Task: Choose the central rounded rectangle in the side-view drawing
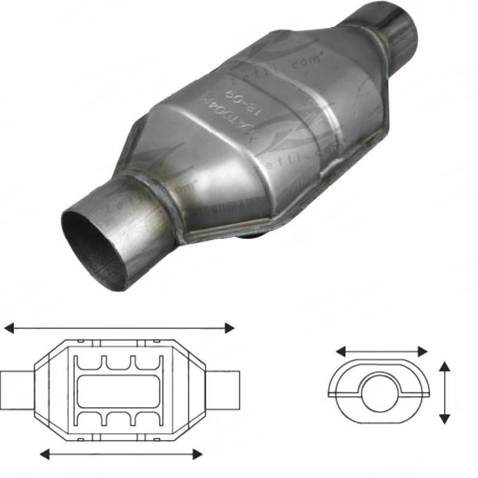tap(119, 391)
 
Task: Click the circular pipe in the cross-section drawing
tap(379, 392)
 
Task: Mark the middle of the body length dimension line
tap(121, 455)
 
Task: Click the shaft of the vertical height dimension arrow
tap(444, 393)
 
